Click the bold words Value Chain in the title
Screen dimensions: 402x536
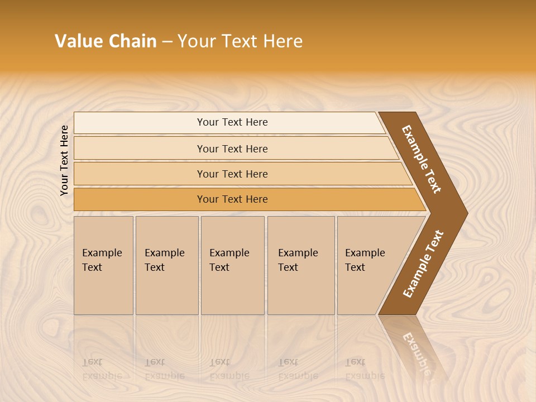point(106,41)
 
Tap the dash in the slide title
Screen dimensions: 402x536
point(167,42)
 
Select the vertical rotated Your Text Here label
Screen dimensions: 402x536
point(64,161)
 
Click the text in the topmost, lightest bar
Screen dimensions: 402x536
point(232,122)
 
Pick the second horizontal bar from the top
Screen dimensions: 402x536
point(232,149)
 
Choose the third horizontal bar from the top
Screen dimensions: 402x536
point(232,174)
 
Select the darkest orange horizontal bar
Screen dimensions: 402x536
point(232,199)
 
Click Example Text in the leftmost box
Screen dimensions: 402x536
point(102,260)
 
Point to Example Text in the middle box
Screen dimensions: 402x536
point(229,260)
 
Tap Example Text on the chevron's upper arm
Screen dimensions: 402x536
point(422,159)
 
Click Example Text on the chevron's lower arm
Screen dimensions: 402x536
point(423,264)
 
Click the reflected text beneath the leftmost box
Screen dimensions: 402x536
point(102,369)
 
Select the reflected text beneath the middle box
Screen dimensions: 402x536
point(229,369)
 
